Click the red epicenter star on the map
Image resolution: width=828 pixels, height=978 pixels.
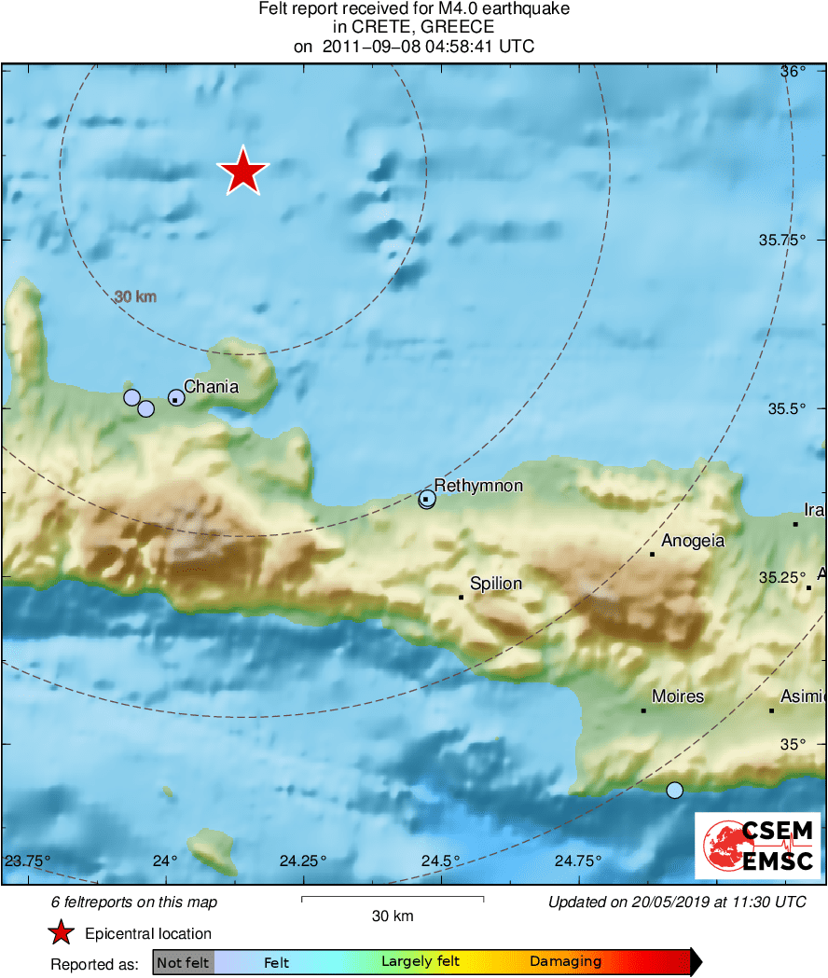click(242, 172)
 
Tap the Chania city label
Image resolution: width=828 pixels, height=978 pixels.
click(211, 387)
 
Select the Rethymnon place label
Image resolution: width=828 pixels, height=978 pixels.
click(478, 486)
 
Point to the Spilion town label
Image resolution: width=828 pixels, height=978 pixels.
click(495, 584)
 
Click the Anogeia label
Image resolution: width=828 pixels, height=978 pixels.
click(693, 541)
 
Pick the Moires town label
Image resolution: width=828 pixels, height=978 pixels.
click(678, 696)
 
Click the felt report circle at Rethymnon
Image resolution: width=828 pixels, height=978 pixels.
click(427, 500)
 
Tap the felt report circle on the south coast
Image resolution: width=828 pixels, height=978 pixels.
click(675, 790)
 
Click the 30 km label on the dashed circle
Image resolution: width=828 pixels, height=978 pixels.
click(135, 297)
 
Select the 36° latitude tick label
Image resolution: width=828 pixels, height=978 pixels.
click(793, 72)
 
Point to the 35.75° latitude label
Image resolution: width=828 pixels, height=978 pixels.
click(781, 240)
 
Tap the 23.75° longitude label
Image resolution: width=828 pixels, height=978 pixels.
click(28, 861)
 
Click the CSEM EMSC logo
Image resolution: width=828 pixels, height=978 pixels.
click(757, 846)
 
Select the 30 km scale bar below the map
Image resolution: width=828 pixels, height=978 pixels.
click(393, 900)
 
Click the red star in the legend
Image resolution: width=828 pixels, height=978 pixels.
click(62, 933)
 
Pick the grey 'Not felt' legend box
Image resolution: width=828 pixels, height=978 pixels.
click(183, 962)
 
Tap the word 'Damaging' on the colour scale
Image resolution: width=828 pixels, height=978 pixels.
click(565, 962)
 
